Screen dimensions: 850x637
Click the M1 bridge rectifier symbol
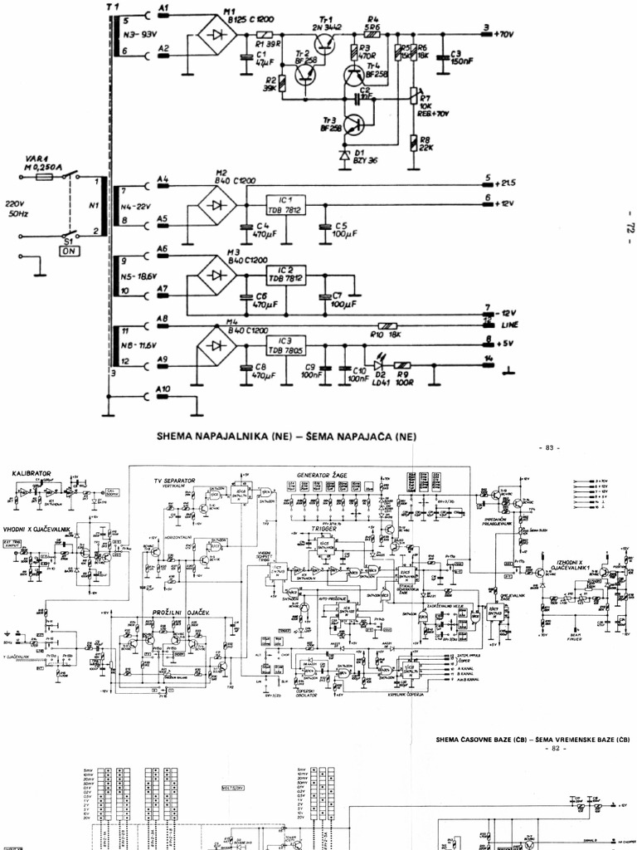pyautogui.click(x=217, y=35)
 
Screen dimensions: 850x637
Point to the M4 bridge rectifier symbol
pyautogui.click(x=217, y=344)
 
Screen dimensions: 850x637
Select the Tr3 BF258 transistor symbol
pyautogui.click(x=354, y=125)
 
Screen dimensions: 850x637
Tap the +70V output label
pyautogui.click(x=503, y=35)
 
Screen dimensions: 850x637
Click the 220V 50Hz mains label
pyautogui.click(x=17, y=208)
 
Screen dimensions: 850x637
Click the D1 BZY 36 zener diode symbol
pyautogui.click(x=345, y=155)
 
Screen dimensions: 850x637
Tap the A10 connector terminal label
pyautogui.click(x=163, y=389)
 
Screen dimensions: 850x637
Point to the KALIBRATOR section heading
pyautogui.click(x=32, y=473)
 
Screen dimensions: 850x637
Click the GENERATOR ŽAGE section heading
pyautogui.click(x=322, y=475)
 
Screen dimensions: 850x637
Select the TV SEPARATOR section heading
pyautogui.click(x=174, y=481)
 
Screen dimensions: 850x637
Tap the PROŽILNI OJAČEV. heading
pyautogui.click(x=185, y=613)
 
